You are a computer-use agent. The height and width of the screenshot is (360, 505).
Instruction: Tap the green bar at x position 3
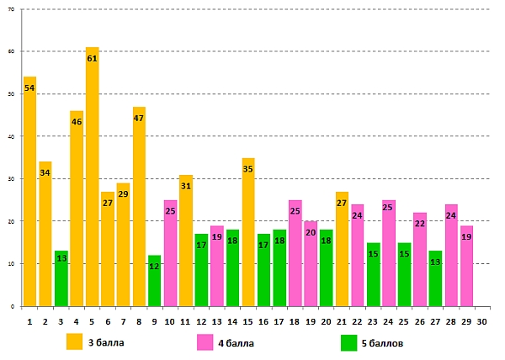(x=61, y=278)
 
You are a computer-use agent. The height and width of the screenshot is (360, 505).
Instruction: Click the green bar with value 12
(x=155, y=281)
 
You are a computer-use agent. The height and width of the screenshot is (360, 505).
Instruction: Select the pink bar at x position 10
(x=171, y=253)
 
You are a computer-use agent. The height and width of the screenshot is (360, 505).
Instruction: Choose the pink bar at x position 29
(x=467, y=266)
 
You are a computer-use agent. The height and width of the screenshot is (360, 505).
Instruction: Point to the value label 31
(x=186, y=186)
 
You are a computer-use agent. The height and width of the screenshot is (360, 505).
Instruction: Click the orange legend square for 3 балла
(x=75, y=341)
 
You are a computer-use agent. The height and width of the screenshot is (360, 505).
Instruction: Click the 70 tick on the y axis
(x=12, y=9)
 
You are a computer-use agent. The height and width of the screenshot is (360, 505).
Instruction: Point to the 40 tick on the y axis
(x=12, y=136)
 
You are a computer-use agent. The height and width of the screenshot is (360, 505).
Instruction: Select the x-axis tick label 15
(x=248, y=320)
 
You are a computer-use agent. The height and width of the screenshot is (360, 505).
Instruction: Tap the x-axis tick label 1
(x=30, y=320)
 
